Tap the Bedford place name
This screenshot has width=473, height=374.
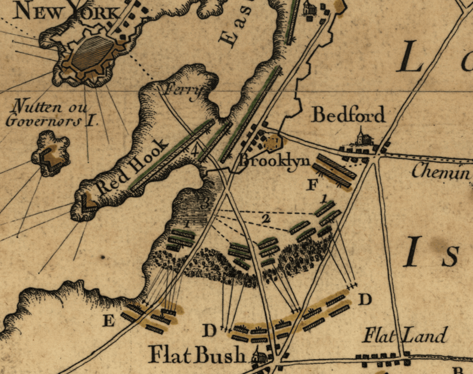348,115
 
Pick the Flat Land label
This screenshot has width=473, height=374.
406,337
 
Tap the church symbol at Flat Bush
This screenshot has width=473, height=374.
258,356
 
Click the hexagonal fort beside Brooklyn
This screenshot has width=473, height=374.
273,143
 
